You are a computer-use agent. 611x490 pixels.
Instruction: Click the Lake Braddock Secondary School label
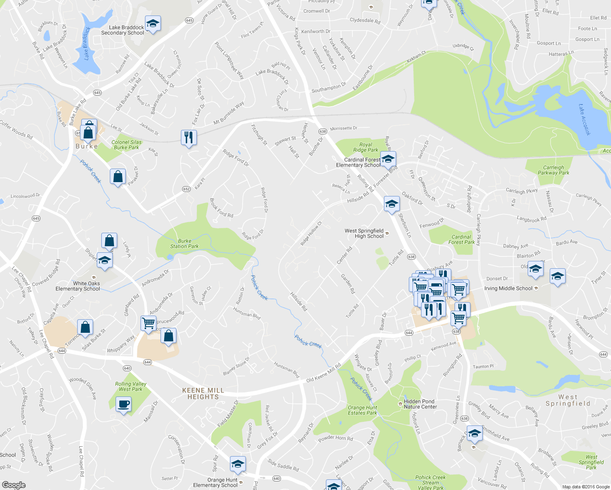(x=123, y=30)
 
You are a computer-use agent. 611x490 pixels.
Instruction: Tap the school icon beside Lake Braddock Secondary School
(x=153, y=24)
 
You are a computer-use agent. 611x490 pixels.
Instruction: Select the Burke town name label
(x=87, y=146)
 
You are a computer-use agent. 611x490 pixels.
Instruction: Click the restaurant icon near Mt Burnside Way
(x=189, y=138)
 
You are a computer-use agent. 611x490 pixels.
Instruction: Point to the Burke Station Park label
(x=184, y=244)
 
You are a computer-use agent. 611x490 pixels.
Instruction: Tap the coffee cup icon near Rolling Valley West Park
(x=123, y=405)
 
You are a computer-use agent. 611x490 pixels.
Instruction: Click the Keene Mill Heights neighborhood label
(x=203, y=394)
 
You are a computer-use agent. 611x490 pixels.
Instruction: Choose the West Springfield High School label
(x=364, y=233)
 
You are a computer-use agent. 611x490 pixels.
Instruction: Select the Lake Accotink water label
(x=584, y=120)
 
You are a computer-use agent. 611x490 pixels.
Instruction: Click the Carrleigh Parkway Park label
(x=553, y=170)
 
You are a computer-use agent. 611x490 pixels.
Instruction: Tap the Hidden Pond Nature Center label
(x=420, y=404)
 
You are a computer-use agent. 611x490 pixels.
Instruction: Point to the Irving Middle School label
(x=508, y=288)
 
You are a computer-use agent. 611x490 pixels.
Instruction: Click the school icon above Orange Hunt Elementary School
(x=238, y=464)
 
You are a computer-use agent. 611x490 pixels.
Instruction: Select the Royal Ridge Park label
(x=366, y=147)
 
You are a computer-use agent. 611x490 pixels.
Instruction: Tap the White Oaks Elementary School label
(x=78, y=286)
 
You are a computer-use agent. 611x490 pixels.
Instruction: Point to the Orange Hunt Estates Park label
(x=362, y=410)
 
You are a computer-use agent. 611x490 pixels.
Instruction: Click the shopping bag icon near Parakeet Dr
(x=118, y=176)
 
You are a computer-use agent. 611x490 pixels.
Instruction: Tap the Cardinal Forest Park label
(x=462, y=239)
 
